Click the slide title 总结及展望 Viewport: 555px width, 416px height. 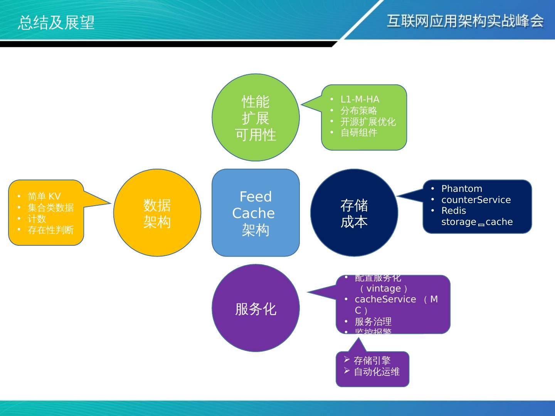[x=56, y=23]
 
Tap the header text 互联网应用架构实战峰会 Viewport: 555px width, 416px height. [x=465, y=21]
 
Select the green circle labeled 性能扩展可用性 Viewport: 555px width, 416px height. [x=256, y=117]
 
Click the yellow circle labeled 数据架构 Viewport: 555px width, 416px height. [x=157, y=213]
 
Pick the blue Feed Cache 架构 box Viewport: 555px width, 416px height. [x=256, y=213]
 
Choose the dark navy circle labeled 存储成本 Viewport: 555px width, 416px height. [x=354, y=213]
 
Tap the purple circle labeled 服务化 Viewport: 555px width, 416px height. [x=256, y=308]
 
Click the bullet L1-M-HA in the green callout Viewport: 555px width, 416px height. [x=360, y=99]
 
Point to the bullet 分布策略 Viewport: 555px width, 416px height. [x=358, y=111]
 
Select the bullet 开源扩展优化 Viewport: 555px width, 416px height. [x=368, y=122]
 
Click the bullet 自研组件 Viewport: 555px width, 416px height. [x=358, y=133]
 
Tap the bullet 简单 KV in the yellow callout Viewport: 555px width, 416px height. [x=44, y=196]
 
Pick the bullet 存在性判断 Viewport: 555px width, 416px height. [x=50, y=230]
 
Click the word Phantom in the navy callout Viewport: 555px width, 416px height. [x=461, y=189]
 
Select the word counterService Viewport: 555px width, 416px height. [x=476, y=200]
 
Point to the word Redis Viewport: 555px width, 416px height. [x=454, y=211]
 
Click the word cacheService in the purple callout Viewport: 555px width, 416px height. [x=385, y=299]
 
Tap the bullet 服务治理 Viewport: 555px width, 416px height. [x=373, y=321]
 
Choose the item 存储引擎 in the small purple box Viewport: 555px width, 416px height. [x=372, y=361]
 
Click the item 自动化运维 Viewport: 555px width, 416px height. [x=377, y=372]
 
